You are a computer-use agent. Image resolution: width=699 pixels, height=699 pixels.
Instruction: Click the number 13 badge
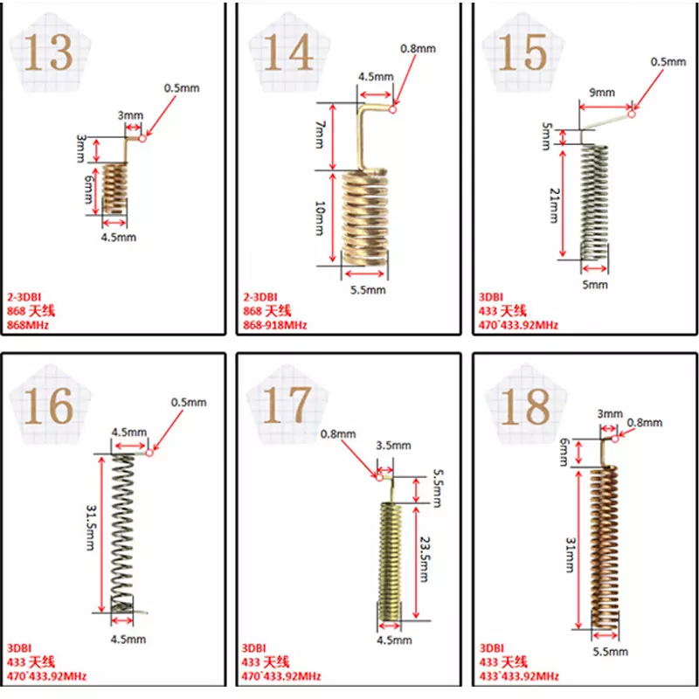click(48, 52)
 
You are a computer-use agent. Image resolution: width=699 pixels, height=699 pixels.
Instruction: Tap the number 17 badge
click(287, 405)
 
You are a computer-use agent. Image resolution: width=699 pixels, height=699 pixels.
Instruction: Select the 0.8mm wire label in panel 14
click(418, 49)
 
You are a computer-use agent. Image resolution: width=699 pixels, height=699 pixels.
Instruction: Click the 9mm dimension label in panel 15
click(602, 93)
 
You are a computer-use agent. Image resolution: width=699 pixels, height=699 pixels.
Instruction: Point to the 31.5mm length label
click(91, 528)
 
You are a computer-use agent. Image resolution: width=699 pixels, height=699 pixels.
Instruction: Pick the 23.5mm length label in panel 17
click(426, 559)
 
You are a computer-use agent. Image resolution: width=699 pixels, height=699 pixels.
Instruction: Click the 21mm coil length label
click(553, 205)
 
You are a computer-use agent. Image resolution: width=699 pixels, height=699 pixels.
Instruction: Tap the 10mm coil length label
click(320, 218)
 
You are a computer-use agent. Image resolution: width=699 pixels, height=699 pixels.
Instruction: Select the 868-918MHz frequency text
click(275, 325)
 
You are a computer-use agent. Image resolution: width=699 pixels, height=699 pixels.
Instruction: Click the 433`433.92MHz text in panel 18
click(519, 676)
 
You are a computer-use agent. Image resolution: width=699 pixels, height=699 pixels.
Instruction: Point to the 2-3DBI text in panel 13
click(24, 297)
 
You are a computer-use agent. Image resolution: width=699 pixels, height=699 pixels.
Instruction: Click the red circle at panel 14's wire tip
click(392, 109)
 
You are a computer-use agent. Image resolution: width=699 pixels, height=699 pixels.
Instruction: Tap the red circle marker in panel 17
click(379, 477)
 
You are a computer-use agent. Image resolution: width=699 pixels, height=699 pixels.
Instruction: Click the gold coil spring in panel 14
click(364, 218)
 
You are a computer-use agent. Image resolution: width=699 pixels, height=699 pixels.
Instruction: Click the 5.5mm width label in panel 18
click(610, 651)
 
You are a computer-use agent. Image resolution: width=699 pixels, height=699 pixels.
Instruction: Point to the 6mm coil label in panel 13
click(89, 190)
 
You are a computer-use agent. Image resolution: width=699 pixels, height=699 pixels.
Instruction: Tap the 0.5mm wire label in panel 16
click(189, 403)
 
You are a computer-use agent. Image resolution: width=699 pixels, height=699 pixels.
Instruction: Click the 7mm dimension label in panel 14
click(320, 135)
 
